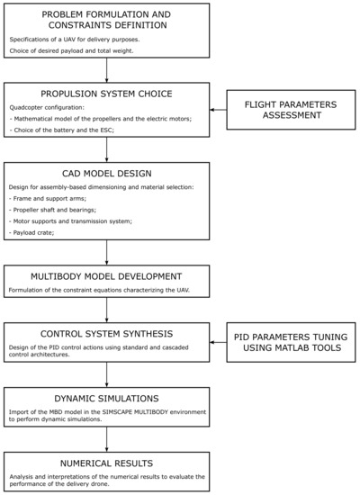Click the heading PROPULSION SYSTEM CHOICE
click(x=106, y=94)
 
